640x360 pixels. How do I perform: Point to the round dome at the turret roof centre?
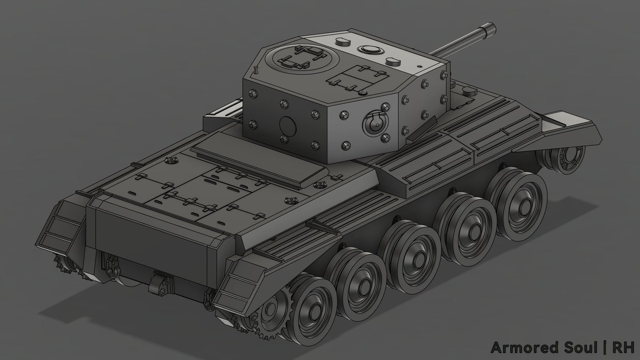tap(371, 49)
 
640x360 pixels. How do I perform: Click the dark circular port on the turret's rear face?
tap(287, 125)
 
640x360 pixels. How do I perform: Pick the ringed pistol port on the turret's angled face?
tap(375, 123)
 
